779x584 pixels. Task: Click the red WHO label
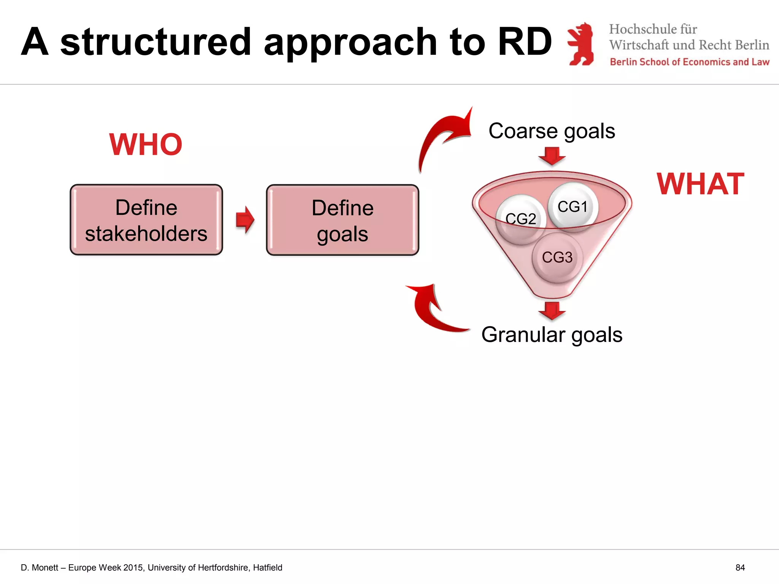coord(146,144)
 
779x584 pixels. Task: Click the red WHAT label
coord(700,184)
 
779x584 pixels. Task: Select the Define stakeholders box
coord(146,220)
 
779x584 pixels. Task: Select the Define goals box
coord(342,220)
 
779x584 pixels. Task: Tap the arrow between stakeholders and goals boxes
coord(245,220)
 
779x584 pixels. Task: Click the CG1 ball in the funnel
coord(573,206)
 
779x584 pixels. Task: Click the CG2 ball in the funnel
coord(521,219)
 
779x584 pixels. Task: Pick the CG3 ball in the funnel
coord(557,257)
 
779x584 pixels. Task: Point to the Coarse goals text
coord(552,131)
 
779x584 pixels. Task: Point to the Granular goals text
coord(552,335)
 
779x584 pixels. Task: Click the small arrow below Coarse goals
coord(552,156)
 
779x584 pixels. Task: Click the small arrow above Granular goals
coord(552,310)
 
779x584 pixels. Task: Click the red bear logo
coord(581,44)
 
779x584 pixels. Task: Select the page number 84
coord(740,568)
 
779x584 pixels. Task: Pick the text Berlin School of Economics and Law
coord(689,62)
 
